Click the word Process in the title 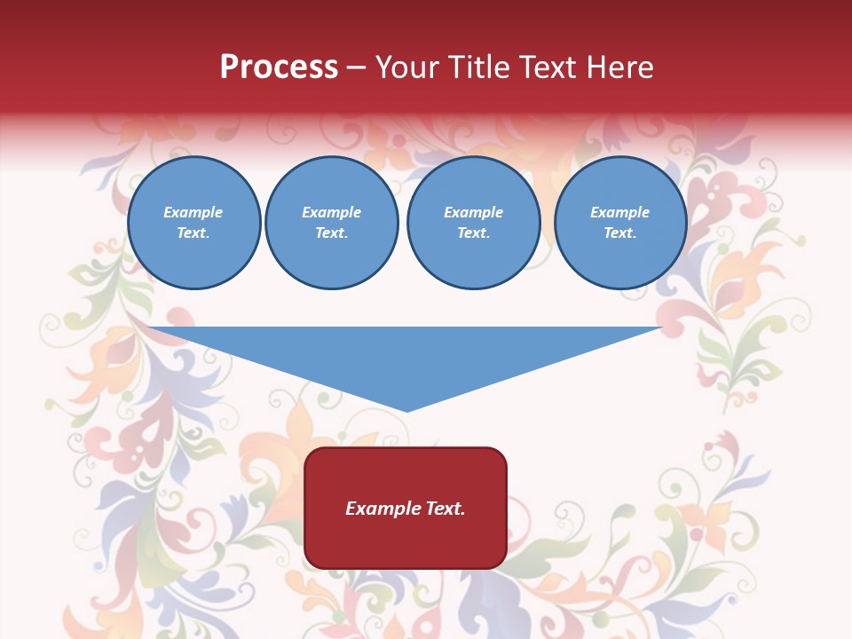(279, 67)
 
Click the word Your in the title (406, 67)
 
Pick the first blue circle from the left (194, 223)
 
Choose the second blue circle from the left (332, 223)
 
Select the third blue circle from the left (474, 223)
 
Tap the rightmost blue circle (620, 223)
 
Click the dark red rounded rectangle (406, 508)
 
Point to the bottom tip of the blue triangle (406, 410)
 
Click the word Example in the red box (383, 509)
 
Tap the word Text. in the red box (445, 509)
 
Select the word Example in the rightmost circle (620, 212)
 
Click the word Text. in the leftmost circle (194, 233)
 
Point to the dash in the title (356, 68)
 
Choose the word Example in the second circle (332, 212)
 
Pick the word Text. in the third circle (474, 233)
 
